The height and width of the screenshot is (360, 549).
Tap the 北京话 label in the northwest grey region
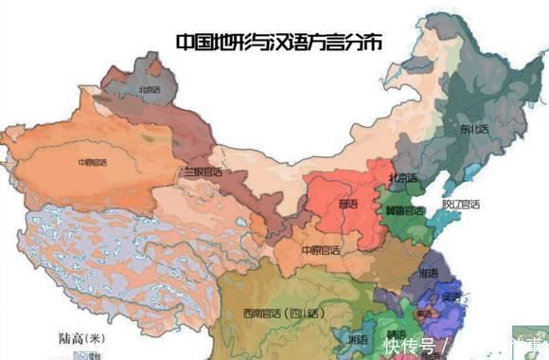click(x=150, y=90)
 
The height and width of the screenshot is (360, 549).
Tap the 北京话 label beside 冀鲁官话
click(x=400, y=178)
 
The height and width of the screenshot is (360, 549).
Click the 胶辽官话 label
click(x=461, y=204)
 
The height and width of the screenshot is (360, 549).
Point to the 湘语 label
click(x=358, y=338)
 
